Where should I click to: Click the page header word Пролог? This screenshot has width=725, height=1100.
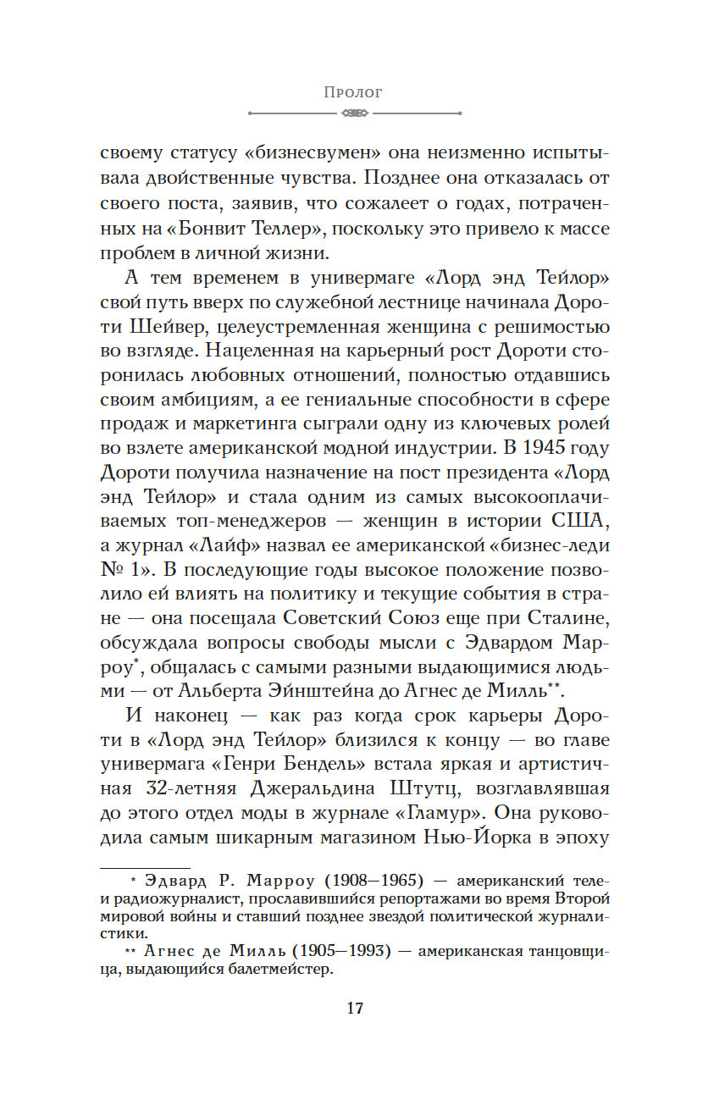353,92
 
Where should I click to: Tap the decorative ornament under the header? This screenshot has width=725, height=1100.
353,113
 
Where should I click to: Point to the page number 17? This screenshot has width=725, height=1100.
355,1008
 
